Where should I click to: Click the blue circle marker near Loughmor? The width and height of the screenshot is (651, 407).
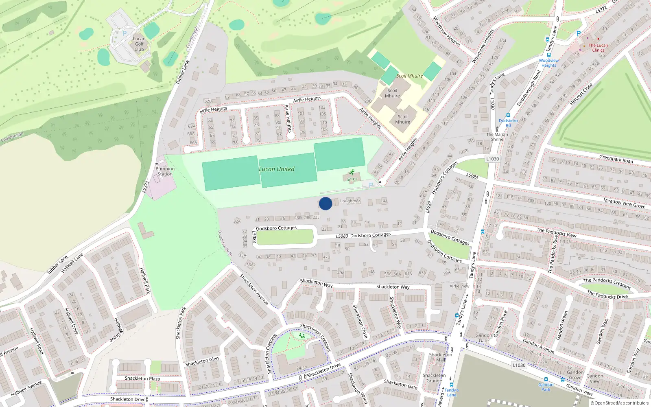[x=325, y=203]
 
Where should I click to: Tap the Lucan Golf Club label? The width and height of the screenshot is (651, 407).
[x=139, y=44]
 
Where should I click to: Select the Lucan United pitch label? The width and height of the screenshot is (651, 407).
[x=277, y=169]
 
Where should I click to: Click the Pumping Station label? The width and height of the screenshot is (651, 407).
[x=165, y=171]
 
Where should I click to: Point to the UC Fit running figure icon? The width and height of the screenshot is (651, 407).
[x=352, y=172]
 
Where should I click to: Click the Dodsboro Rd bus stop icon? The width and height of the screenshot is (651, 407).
[x=508, y=116]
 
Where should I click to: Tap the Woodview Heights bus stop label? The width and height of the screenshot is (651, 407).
[x=548, y=63]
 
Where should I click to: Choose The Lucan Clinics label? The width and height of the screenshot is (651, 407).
[x=598, y=48]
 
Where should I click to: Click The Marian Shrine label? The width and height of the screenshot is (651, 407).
[x=497, y=137]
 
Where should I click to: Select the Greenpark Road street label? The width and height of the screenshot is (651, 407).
[x=616, y=159]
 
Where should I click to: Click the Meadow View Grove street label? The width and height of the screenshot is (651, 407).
[x=624, y=203]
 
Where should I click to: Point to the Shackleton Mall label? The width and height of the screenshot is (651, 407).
[x=440, y=357]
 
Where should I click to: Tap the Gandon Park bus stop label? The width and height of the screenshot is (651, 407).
[x=546, y=387]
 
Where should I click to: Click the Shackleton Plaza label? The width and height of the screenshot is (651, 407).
[x=142, y=379]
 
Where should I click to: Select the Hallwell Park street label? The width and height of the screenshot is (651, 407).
[x=145, y=280]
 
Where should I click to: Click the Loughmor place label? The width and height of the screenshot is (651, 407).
[x=350, y=201]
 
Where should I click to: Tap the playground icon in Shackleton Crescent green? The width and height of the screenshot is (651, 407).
[x=302, y=336]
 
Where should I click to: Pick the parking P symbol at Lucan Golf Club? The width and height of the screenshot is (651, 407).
[x=125, y=33]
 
